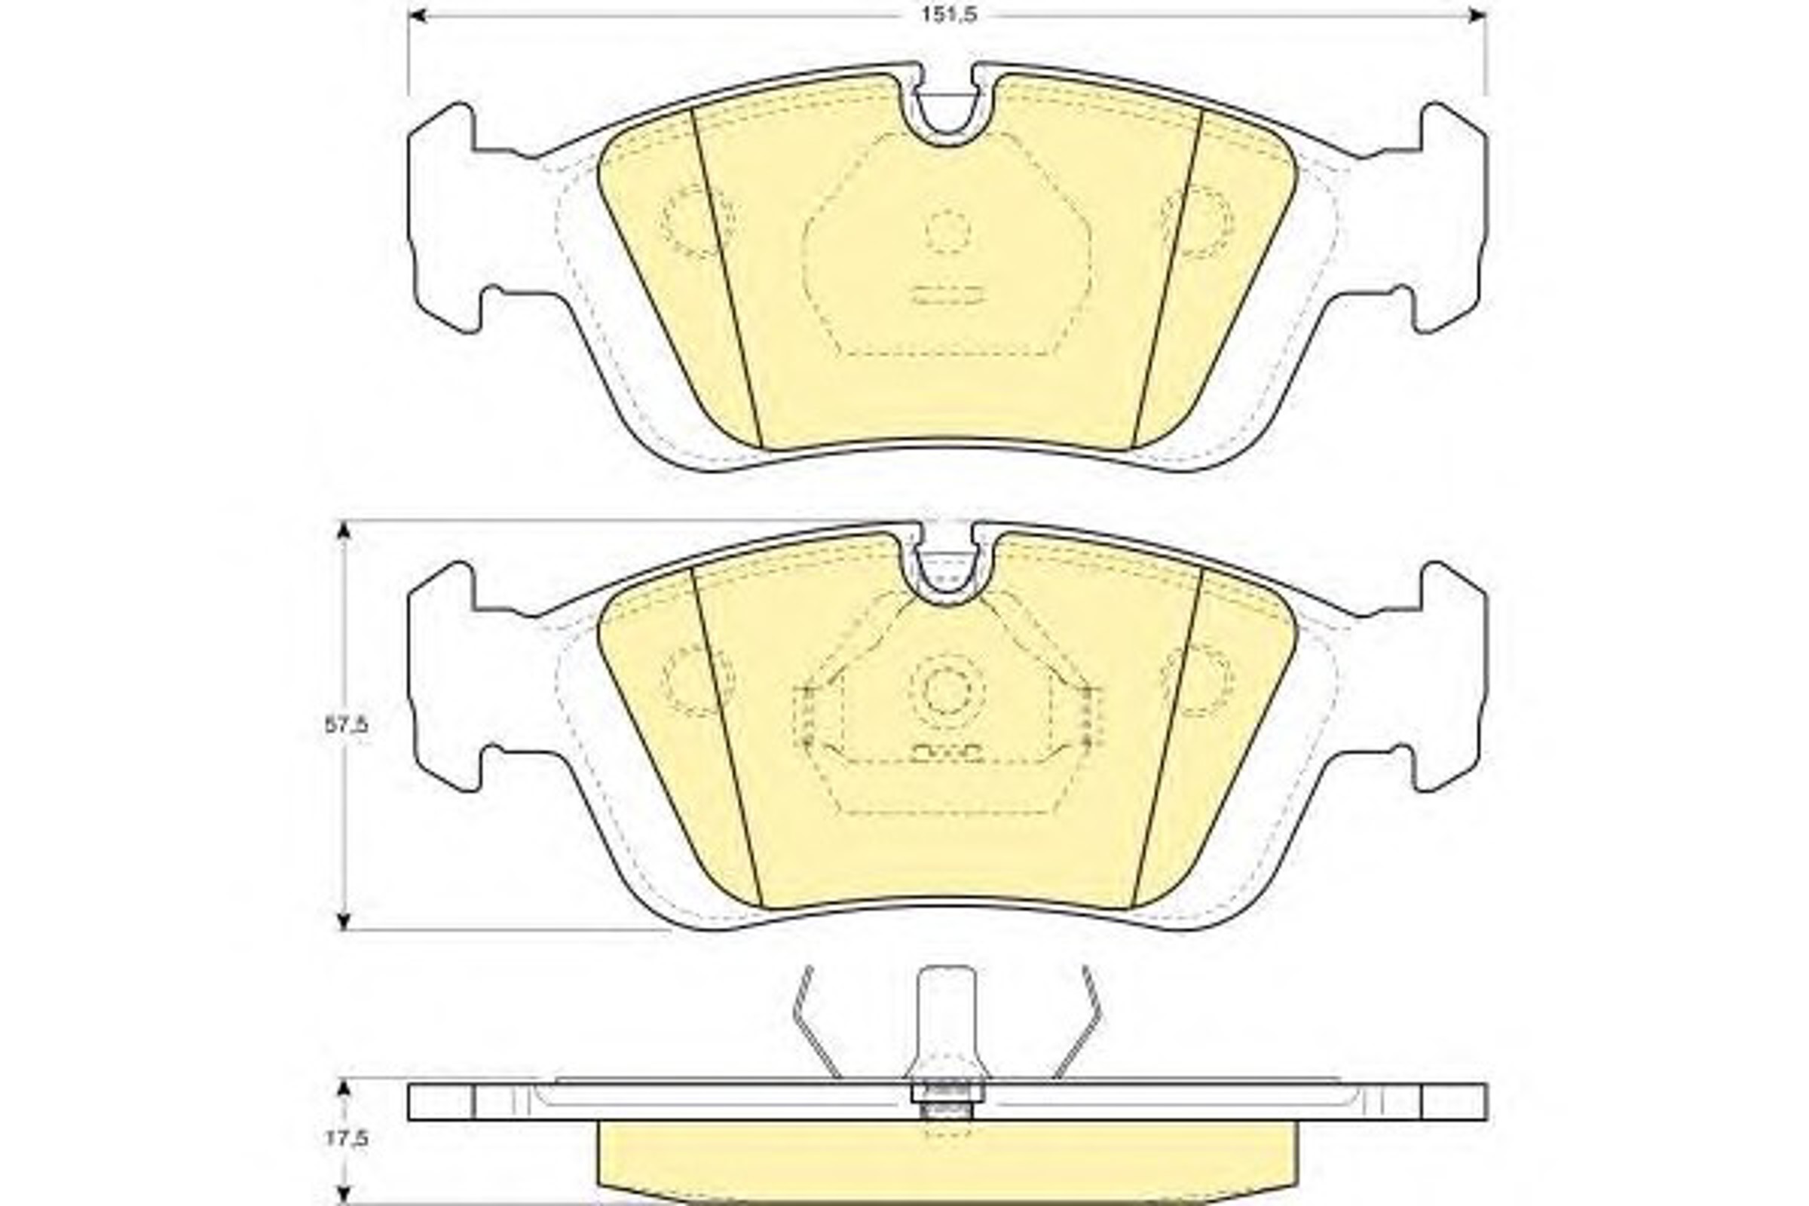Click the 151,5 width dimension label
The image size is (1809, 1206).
949,14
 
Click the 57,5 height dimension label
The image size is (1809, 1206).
346,724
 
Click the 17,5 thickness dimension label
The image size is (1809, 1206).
346,1137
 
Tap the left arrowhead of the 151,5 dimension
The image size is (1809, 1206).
418,14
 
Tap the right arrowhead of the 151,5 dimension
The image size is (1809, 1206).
1477,14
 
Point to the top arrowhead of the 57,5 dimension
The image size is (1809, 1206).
344,531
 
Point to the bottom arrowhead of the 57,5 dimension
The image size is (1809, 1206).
344,920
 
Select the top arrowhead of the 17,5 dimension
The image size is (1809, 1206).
344,1089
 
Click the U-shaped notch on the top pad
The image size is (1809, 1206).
947,131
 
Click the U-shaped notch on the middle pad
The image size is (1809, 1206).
947,592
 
